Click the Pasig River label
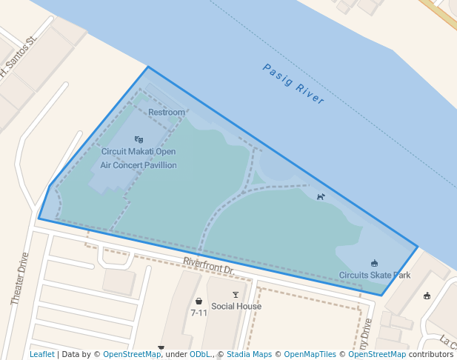pyautogui.click(x=294, y=83)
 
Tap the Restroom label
pyautogui.click(x=167, y=113)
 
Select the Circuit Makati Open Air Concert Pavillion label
pyautogui.click(x=139, y=159)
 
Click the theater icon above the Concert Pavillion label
pyautogui.click(x=139, y=139)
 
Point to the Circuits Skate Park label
pyautogui.click(x=375, y=276)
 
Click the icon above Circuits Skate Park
pyautogui.click(x=374, y=263)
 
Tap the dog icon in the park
pyautogui.click(x=321, y=197)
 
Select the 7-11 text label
pyautogui.click(x=199, y=313)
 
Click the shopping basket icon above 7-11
pyautogui.click(x=199, y=301)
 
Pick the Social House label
pyautogui.click(x=236, y=307)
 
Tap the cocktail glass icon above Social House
pyautogui.click(x=236, y=295)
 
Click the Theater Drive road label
pyautogui.click(x=20, y=280)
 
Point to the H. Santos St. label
pyautogui.click(x=18, y=57)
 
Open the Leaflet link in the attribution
pyautogui.click(x=42, y=355)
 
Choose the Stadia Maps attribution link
pyautogui.click(x=249, y=355)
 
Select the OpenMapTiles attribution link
pyautogui.click(x=310, y=355)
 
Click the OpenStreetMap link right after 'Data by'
pyautogui.click(x=132, y=355)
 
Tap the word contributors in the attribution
pyautogui.click(x=431, y=355)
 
